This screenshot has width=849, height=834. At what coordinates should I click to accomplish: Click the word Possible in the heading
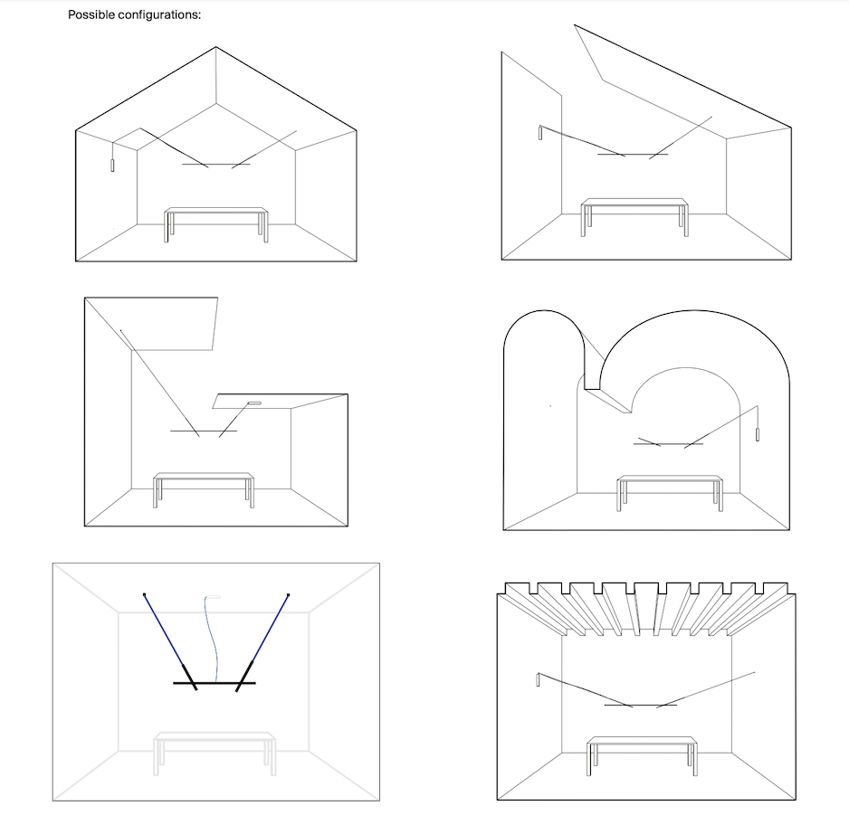point(92,16)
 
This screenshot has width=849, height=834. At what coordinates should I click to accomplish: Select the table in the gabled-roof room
point(216,213)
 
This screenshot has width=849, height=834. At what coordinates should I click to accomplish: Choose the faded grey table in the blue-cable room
point(215,737)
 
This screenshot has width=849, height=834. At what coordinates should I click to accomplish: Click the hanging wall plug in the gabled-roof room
point(112,165)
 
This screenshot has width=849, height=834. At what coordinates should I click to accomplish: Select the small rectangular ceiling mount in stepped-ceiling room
point(254,402)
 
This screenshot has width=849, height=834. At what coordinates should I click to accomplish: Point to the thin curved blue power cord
point(214,633)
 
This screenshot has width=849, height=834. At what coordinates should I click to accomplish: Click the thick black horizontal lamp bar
point(215,683)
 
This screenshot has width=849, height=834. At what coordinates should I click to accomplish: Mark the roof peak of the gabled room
point(215,47)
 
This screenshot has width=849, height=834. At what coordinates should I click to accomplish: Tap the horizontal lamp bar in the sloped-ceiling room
point(633,155)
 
